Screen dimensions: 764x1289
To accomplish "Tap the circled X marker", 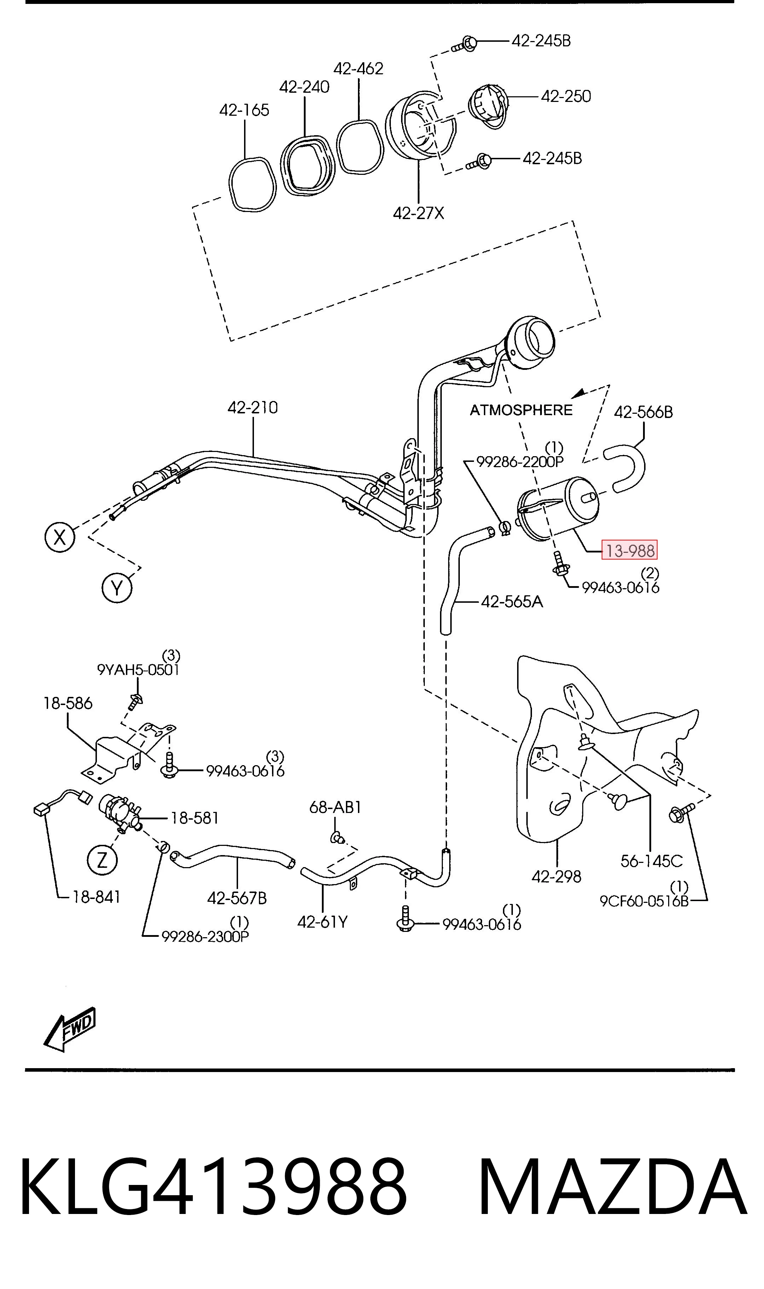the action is click(x=60, y=538).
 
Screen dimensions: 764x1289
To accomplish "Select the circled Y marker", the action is click(x=117, y=588).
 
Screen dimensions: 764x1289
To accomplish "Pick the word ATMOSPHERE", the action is click(x=521, y=410).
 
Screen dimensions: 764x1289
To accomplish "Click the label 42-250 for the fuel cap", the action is click(x=566, y=96).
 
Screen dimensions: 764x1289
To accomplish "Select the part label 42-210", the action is click(x=253, y=407).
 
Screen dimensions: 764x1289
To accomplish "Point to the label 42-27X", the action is click(x=418, y=213).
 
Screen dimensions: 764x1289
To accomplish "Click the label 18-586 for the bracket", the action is click(x=68, y=703).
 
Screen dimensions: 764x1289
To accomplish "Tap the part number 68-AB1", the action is click(x=335, y=807).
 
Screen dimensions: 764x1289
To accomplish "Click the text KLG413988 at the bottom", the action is click(x=213, y=1186).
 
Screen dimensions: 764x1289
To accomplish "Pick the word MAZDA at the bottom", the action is click(x=612, y=1186).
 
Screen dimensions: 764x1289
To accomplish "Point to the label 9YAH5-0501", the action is click(x=138, y=670).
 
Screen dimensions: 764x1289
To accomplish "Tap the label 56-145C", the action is click(x=651, y=860).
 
